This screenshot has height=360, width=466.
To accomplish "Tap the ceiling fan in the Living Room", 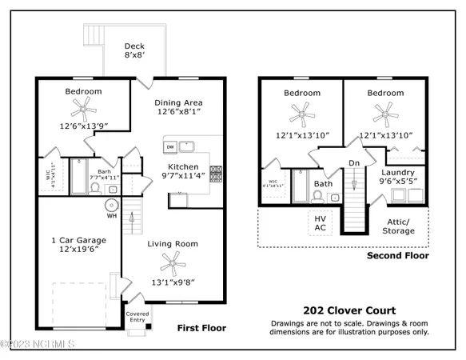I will coord(170,261).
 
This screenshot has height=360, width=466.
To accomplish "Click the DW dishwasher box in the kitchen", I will coord(170,146).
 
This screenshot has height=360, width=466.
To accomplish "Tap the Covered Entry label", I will coord(137,318).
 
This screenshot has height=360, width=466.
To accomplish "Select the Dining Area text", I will coord(177,107).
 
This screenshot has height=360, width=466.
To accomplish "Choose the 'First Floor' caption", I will coord(201,328).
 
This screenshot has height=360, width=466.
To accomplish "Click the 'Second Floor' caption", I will coord(397,256).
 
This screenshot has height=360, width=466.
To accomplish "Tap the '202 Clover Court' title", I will coord(349,310).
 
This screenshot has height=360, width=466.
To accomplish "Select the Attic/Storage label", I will coord(397,226).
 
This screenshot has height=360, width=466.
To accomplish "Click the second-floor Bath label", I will coord(323,183).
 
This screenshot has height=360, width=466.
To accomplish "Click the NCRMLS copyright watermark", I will coord(38,345).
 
